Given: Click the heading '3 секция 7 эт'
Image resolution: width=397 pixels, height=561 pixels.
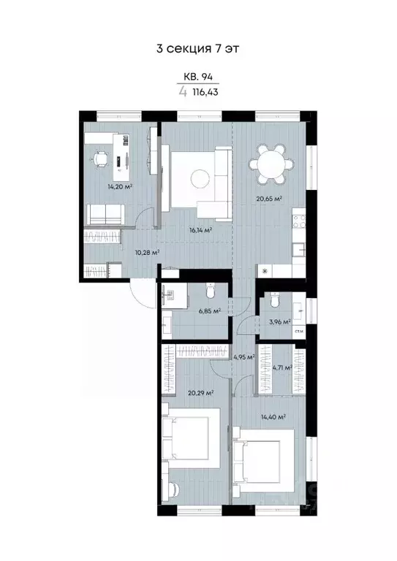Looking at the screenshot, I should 198,49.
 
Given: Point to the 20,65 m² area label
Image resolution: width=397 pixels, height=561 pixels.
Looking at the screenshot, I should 269,199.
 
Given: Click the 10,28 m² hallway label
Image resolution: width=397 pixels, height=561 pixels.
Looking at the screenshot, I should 147,252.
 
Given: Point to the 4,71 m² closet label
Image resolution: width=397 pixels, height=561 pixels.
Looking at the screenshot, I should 281,368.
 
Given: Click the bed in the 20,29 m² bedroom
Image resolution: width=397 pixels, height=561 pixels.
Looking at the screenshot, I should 193,440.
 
